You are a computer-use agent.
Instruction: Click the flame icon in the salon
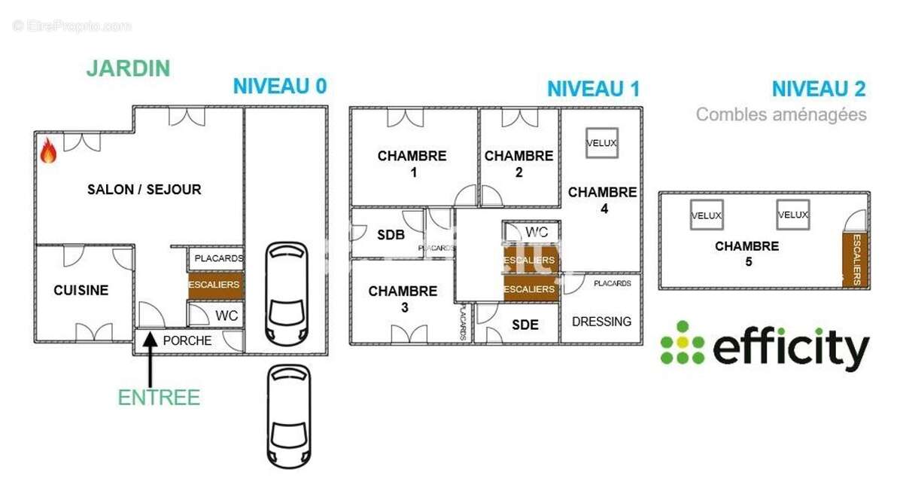48,151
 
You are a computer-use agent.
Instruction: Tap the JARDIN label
128,68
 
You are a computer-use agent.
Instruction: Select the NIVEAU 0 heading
279,86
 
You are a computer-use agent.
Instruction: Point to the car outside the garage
288,416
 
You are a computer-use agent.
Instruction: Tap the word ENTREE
159,398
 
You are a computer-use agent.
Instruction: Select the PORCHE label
187,340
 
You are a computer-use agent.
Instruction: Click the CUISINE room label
81,290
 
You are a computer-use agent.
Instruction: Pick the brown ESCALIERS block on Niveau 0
214,285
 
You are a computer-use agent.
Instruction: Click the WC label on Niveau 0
227,316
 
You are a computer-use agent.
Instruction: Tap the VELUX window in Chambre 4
601,143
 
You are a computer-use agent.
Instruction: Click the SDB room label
391,235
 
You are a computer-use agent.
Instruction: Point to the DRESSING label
601,322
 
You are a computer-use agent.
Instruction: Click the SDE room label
524,325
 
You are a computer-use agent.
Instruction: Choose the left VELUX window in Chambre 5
706,215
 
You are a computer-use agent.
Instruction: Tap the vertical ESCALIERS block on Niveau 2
856,260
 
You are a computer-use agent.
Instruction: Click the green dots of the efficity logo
682,343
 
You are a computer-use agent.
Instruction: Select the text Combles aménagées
780,114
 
